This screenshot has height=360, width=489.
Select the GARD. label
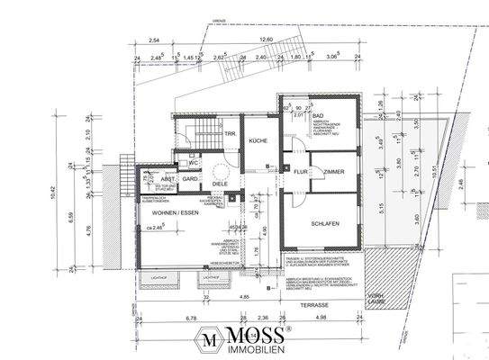pos(190,179)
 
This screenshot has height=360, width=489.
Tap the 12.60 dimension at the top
pos(266,40)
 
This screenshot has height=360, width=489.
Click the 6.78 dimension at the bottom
pos(167,318)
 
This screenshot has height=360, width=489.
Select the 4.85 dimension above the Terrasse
pos(244,296)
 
